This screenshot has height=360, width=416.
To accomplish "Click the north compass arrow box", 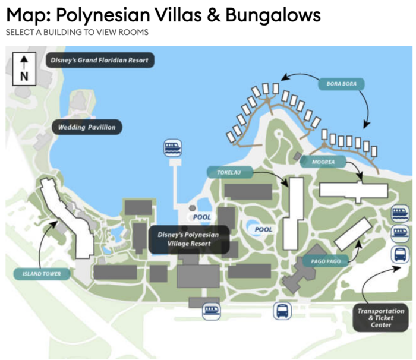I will pos(24,68).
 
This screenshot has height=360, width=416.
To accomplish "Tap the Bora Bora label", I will pos(342,84).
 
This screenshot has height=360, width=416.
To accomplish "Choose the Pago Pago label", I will pos(324,261).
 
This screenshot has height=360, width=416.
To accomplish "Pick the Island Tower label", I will pos(42,273).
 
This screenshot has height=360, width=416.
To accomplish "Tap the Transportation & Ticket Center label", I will pos(380,317).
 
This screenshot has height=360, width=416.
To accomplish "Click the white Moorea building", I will pos(353,190).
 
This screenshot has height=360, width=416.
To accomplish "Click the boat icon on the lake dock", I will pos(173,147).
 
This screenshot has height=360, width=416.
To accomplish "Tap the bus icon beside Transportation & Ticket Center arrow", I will pos(399,255).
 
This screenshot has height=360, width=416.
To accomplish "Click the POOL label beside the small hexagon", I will pos(202,217).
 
